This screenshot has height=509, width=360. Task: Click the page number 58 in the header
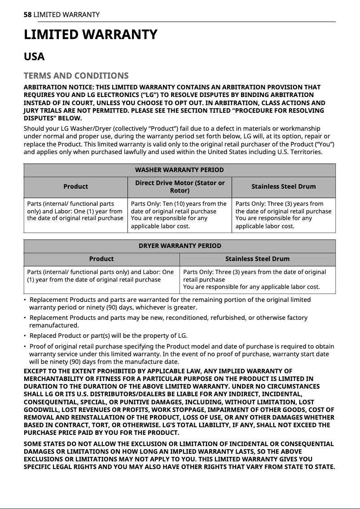[x=27, y=15]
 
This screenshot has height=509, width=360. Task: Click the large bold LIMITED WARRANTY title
[x=90, y=35]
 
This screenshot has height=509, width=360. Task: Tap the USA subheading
[x=34, y=57]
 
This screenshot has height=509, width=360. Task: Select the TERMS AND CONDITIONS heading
[x=76, y=75]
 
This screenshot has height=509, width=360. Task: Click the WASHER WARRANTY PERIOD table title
[x=179, y=170]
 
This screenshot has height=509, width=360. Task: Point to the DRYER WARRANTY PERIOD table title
[x=179, y=246]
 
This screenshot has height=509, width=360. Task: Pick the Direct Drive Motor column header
[x=180, y=186]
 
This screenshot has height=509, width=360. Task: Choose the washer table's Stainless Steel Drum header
[x=283, y=186]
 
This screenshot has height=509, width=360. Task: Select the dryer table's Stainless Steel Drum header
[x=257, y=259]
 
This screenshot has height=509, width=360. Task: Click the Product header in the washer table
[x=75, y=186]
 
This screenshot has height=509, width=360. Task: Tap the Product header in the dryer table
[x=101, y=259]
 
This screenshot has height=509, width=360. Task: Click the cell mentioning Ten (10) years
[x=179, y=214]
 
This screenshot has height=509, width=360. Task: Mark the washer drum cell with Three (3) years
[x=283, y=214]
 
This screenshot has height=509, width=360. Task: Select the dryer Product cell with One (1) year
[x=101, y=275]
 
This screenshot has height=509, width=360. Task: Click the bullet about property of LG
[x=108, y=336]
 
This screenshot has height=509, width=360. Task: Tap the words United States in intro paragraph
[x=228, y=152]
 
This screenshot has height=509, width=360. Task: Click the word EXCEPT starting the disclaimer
[x=36, y=371]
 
